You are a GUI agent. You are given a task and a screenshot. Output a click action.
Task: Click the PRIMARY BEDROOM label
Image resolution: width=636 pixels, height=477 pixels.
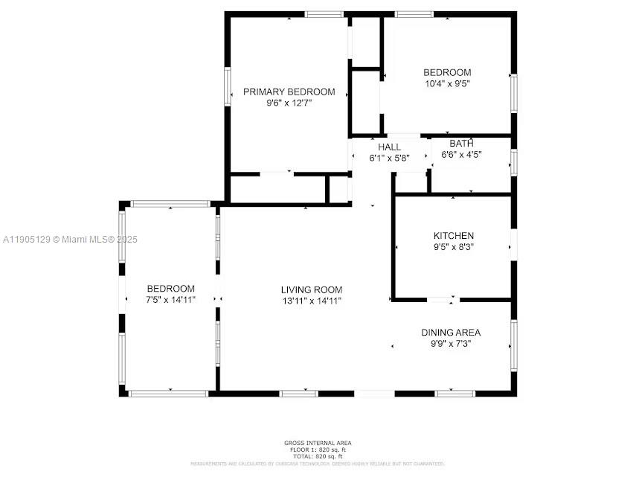click(289, 92)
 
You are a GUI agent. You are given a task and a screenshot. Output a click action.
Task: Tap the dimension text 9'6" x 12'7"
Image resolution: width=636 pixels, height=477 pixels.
click(289, 103)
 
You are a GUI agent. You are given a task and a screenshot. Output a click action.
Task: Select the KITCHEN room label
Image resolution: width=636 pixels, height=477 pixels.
click(453, 236)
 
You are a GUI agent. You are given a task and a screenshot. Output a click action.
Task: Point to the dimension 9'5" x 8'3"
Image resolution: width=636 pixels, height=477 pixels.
click(453, 246)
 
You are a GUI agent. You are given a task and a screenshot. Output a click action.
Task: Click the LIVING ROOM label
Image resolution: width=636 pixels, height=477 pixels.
click(312, 289)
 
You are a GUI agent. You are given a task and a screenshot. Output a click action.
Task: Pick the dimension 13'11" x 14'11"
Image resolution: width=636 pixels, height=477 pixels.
click(312, 301)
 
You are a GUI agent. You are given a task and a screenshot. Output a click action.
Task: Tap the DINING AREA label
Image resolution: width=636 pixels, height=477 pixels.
click(451, 333)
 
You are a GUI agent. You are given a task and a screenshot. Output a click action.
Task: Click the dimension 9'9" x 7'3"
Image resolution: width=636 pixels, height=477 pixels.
click(451, 344)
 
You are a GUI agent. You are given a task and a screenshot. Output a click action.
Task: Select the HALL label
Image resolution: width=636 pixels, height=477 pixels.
click(389, 147)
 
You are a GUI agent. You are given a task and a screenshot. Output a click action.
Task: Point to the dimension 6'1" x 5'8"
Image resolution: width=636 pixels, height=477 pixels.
click(389, 158)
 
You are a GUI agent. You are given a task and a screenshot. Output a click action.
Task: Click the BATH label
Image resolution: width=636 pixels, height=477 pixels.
click(461, 144)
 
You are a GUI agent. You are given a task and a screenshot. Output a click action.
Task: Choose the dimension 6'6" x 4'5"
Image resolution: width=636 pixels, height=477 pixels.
click(461, 155)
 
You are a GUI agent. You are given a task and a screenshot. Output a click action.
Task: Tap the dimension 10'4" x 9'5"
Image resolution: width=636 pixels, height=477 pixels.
click(447, 83)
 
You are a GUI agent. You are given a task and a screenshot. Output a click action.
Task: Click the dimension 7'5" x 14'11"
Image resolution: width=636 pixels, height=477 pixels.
click(171, 300)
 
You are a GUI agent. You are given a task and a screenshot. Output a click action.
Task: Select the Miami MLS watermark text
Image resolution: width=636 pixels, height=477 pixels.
click(71, 239)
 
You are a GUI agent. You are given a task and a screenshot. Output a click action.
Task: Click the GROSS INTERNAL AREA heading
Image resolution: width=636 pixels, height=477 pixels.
click(318, 444)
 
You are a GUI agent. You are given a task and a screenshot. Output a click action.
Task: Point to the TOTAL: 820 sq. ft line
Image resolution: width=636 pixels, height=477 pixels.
click(318, 455)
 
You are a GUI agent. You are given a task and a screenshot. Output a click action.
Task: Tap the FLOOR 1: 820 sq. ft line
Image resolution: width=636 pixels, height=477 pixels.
click(318, 449)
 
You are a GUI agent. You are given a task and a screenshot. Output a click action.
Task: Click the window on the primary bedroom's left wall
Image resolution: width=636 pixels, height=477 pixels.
click(228, 87)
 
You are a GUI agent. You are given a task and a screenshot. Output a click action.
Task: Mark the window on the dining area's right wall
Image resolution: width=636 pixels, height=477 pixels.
click(513, 345)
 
